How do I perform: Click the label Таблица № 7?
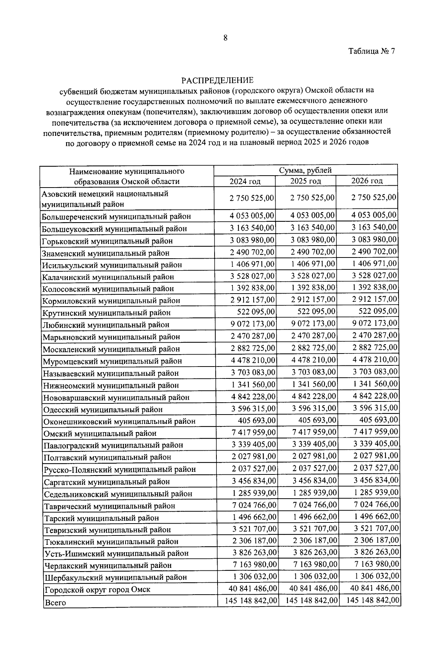point(371,51)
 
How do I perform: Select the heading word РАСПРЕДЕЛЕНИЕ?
point(217,80)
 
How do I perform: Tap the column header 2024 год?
point(245,181)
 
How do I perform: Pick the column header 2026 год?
point(367,181)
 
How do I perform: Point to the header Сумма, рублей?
point(305,170)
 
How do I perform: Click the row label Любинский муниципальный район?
point(106,325)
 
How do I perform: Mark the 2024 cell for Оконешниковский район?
point(257,420)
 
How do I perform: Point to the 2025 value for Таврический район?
point(315,504)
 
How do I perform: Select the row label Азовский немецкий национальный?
point(105,194)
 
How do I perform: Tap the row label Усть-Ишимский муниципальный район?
point(116,553)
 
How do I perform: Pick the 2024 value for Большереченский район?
point(252,215)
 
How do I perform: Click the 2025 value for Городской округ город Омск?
point(312,588)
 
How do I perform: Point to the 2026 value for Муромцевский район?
point(375,360)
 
